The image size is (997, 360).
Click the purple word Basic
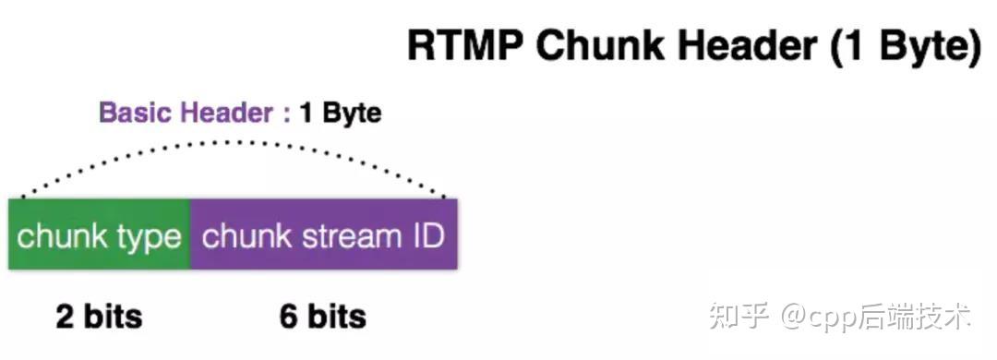(x=137, y=114)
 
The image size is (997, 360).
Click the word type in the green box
(x=146, y=237)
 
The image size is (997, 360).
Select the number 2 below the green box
(x=65, y=317)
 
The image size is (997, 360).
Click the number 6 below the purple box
(x=289, y=317)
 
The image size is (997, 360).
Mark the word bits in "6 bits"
(x=335, y=317)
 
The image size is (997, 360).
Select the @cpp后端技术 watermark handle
(x=876, y=318)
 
